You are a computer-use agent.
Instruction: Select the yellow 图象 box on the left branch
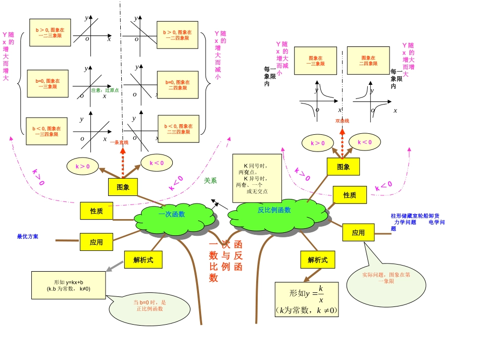coord(123,187)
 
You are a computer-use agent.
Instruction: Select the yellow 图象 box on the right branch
coord(343,167)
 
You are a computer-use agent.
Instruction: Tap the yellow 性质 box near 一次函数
coord(97,211)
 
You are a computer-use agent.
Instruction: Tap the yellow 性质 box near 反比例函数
coord(350,195)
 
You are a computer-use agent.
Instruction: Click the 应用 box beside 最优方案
coord(96,242)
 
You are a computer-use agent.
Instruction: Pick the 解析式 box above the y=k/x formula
coord(317,260)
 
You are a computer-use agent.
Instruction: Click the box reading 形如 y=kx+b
coord(69,285)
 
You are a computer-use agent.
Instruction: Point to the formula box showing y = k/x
coord(307,299)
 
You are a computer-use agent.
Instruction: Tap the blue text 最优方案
coord(27,236)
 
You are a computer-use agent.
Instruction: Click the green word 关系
coord(210,180)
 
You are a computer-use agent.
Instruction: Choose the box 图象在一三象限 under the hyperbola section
coord(315,61)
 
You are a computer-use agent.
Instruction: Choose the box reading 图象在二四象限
coord(368,61)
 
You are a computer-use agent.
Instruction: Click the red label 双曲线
coord(342,121)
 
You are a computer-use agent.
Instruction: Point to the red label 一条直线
coord(119,142)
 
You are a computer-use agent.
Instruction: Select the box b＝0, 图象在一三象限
coord(47,83)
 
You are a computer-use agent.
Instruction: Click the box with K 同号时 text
coord(257,178)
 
